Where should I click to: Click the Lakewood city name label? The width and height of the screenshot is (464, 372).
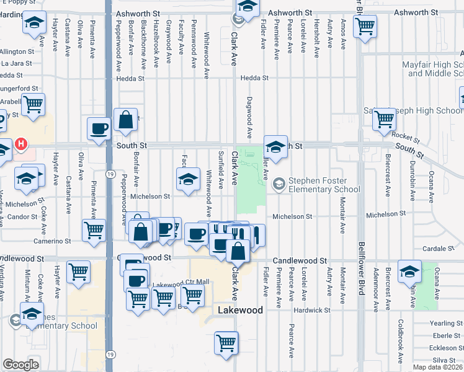(240, 310)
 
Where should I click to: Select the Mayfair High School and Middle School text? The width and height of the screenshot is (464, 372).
(435, 68)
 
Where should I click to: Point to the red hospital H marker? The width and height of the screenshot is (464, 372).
(21, 144)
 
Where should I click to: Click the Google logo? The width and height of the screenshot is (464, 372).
(20, 365)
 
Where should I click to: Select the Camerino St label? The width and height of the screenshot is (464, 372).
(53, 241)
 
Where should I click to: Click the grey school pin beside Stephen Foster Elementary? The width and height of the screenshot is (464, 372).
(279, 182)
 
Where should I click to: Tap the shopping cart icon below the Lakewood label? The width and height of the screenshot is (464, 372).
(226, 343)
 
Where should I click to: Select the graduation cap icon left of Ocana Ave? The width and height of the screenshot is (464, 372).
(409, 272)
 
